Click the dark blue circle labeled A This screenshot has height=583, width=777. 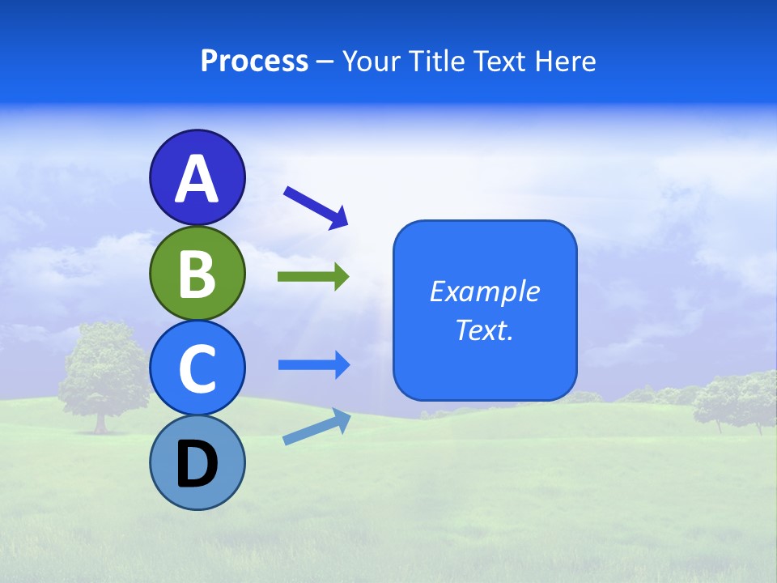[197, 177]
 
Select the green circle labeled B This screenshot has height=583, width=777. [197, 273]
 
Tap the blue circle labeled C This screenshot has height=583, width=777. [197, 368]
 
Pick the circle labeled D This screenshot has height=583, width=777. [197, 462]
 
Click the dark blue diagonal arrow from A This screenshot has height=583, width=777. [316, 206]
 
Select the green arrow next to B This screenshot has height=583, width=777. [313, 277]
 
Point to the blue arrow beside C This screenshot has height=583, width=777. [313, 365]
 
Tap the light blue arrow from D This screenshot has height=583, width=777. [316, 427]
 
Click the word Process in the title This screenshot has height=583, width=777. [254, 61]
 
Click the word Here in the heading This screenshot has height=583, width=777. [567, 61]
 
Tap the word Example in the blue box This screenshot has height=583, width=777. [484, 291]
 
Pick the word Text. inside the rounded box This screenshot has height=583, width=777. [484, 330]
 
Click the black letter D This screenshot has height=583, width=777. [197, 464]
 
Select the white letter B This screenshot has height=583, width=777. [197, 274]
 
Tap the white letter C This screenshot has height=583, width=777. [197, 368]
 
